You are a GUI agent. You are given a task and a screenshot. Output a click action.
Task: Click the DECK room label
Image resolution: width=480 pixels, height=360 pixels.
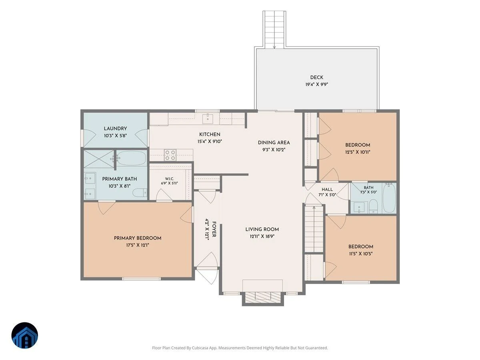(316, 77)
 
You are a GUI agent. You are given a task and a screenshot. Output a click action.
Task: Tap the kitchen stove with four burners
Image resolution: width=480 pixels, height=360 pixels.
(170, 155)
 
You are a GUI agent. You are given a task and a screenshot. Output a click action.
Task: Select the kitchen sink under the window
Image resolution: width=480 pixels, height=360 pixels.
(207, 118)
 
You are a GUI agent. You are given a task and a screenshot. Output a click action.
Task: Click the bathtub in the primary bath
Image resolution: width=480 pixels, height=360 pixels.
(131, 158)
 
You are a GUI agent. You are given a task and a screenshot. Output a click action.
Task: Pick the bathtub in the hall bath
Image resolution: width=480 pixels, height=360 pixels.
(389, 198)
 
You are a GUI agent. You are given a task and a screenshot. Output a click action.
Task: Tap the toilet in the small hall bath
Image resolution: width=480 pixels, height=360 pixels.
(373, 206)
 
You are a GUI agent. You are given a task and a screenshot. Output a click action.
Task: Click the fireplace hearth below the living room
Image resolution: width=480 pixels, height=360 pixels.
(263, 298)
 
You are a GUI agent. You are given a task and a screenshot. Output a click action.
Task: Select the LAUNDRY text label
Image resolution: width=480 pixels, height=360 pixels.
(115, 128)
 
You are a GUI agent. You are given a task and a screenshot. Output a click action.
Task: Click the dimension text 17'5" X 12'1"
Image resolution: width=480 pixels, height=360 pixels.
(137, 245)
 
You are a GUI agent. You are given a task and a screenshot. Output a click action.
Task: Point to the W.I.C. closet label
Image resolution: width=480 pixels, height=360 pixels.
(169, 179)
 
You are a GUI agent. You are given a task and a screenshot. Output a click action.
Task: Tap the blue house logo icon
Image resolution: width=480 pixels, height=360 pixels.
(25, 335)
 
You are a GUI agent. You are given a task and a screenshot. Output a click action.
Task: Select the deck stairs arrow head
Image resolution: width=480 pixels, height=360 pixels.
(274, 47)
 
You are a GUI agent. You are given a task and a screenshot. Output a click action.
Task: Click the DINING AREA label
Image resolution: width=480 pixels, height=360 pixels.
(274, 143)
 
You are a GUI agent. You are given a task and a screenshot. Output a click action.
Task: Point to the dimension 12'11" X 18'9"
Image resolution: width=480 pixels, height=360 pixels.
(262, 236)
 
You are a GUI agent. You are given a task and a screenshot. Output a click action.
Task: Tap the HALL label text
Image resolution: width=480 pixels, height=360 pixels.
(327, 190)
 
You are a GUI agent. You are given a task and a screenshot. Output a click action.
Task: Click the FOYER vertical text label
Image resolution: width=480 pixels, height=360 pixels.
(214, 229)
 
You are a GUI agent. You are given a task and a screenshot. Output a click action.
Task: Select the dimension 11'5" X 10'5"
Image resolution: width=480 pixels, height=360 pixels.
(361, 254)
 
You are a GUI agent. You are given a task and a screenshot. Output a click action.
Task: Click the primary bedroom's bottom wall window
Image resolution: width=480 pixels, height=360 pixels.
(141, 279)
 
